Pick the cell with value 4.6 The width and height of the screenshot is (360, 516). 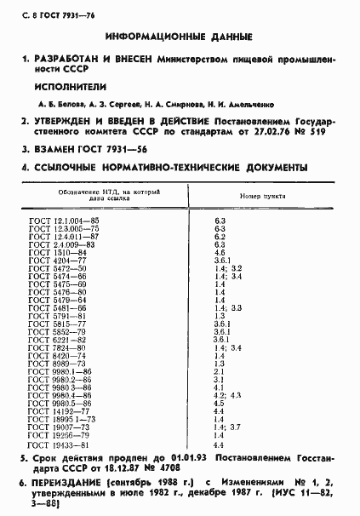click(x=219, y=252)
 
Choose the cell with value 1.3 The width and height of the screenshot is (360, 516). click(x=219, y=316)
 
